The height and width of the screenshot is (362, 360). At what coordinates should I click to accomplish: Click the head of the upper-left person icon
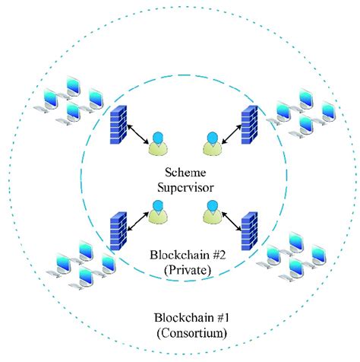pos(158,138)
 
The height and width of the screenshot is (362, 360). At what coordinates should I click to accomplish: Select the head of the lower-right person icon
pos(213,206)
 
